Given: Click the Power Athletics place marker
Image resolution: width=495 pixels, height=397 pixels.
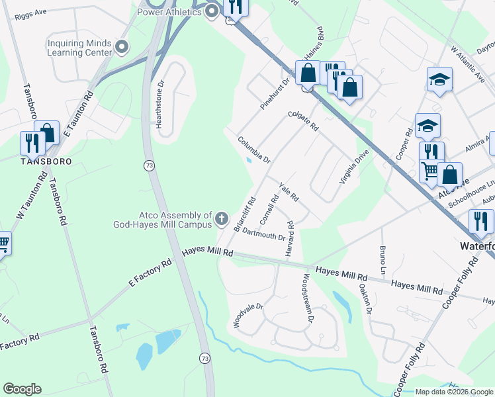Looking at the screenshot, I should (212, 11).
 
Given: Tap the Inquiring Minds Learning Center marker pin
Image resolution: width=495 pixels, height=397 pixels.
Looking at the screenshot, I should (121, 46).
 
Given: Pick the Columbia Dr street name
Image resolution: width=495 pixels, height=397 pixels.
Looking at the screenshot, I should (254, 150).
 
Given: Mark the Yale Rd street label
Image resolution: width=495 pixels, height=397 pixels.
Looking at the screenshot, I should (289, 193).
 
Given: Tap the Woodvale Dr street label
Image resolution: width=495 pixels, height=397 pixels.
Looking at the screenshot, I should (248, 316).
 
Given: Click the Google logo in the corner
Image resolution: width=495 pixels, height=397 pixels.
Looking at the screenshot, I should (22, 389).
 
